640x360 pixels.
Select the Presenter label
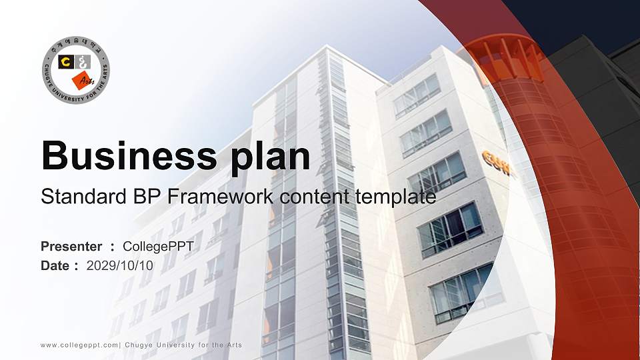[71, 247]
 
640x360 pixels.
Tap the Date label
[55, 265]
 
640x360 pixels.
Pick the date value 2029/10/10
[120, 265]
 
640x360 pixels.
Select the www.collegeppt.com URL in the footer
[79, 345]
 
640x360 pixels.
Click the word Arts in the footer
[232, 345]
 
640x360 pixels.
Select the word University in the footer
[174, 345]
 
